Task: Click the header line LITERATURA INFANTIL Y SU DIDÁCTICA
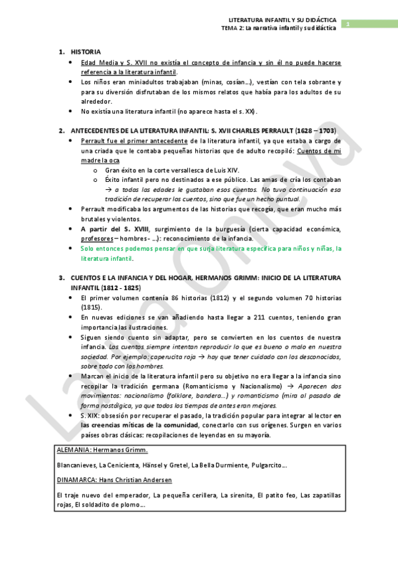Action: [x=282, y=21]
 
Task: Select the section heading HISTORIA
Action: [x=86, y=51]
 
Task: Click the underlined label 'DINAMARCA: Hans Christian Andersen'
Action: [x=114, y=479]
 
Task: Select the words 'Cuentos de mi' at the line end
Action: [x=320, y=151]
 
